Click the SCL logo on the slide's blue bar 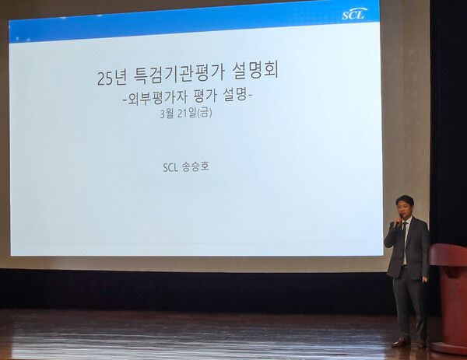click(353, 14)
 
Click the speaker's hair click(405, 201)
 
